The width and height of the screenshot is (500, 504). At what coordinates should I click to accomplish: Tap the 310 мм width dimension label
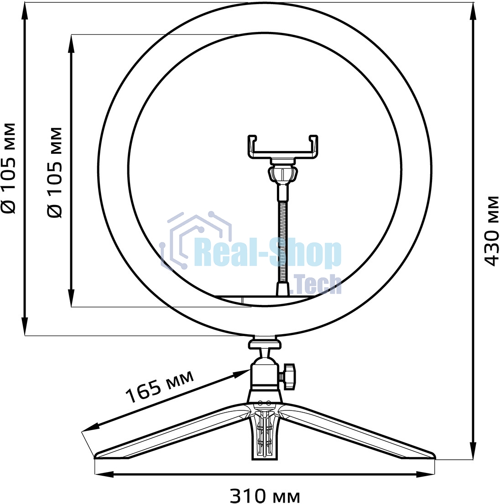point(265,495)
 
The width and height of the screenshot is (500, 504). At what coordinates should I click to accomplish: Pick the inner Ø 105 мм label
point(55,172)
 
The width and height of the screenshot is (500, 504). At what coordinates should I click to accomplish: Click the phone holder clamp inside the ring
point(283,147)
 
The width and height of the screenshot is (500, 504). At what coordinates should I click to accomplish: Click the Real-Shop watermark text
point(267,254)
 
